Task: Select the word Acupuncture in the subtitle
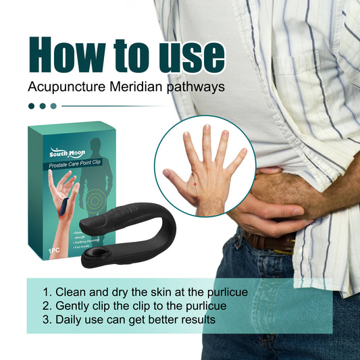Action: point(63,87)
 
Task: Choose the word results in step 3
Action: point(197,319)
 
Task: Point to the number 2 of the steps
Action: point(46,305)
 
